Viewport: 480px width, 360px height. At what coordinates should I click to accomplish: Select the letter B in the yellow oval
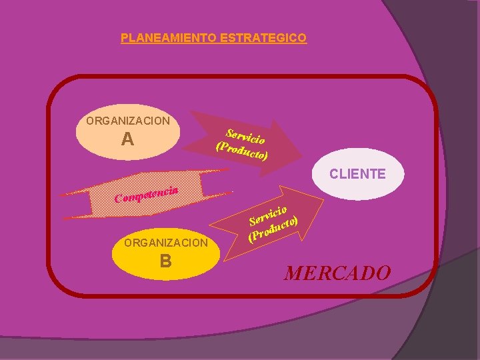(165, 261)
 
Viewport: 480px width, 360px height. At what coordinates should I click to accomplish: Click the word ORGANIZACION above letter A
(128, 121)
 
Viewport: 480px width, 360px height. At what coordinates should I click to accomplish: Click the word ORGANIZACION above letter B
(166, 243)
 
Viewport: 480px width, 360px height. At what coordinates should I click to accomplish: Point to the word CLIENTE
(357, 174)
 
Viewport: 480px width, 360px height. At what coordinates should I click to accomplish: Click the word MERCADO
(337, 273)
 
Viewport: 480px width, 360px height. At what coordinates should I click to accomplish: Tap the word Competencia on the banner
(147, 194)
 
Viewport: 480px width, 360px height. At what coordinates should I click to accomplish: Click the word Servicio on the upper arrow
(246, 135)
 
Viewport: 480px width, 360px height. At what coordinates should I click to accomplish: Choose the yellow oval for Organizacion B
(166, 253)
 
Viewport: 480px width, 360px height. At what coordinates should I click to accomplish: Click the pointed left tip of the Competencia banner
(61, 195)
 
